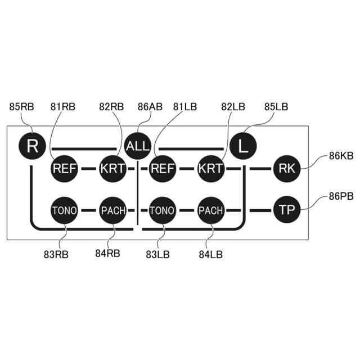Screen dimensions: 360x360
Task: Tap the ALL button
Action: pyautogui.click(x=138, y=146)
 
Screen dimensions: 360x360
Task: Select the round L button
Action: pyautogui.click(x=243, y=146)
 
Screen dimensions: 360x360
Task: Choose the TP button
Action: pyautogui.click(x=287, y=210)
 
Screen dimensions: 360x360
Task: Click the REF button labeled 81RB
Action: pyautogui.click(x=65, y=168)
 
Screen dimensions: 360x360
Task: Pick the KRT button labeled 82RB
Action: pyautogui.click(x=113, y=168)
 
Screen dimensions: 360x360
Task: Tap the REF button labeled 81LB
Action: pyautogui.click(x=162, y=168)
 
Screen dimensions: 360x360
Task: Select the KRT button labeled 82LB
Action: pyautogui.click(x=211, y=168)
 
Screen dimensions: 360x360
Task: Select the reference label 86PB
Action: pyautogui.click(x=341, y=197)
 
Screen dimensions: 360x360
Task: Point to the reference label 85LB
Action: pyautogui.click(x=276, y=107)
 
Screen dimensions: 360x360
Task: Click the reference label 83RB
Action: pyautogui.click(x=56, y=254)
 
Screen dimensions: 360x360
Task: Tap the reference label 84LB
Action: pyautogui.click(x=211, y=254)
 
